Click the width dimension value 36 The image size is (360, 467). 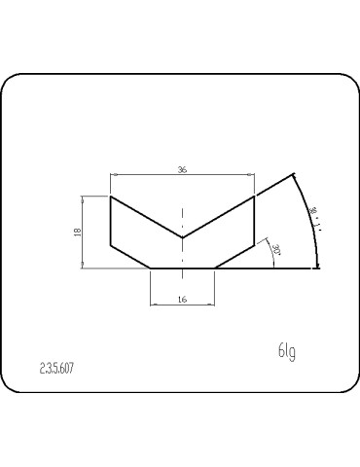coord(182,169)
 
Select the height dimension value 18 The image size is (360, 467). coord(76,232)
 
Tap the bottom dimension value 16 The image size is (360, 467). coord(182,301)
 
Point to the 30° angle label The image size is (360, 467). coord(277,250)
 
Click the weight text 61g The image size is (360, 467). coord(286,350)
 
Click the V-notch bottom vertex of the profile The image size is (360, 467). coord(182,237)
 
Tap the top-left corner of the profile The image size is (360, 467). coord(111,197)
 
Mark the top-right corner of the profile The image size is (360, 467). coord(254,197)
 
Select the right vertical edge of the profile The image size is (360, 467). coord(254,220)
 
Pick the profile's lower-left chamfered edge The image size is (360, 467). coord(130,255)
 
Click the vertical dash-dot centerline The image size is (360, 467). coord(182,219)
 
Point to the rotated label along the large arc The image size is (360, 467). coord(313,218)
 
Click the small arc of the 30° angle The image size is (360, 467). coord(270,249)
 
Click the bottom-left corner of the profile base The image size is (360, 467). coord(150,267)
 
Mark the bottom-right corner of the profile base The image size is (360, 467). coord(214,267)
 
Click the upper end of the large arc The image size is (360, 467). coord(293,176)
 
